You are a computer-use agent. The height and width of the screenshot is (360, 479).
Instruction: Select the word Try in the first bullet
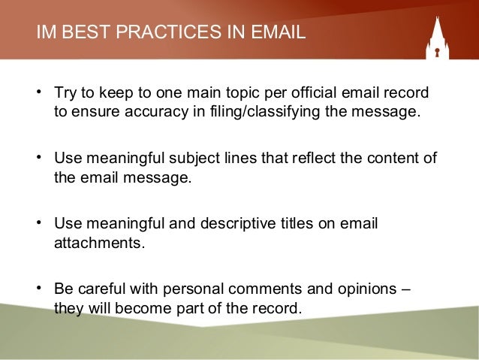click(65, 94)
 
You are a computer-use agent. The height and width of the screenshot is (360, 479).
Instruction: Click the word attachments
click(97, 244)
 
